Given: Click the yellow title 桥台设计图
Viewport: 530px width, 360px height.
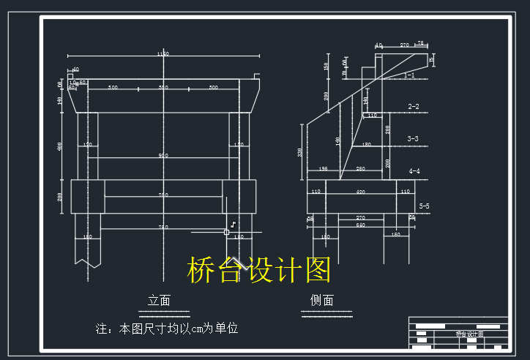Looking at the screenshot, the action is coord(259,270).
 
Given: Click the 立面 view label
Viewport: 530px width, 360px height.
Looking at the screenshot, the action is coord(159,300).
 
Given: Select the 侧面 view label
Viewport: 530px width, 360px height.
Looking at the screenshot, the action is coord(321,300).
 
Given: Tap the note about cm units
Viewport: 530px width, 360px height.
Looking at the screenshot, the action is coord(167,329).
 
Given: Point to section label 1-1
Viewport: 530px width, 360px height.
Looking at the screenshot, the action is coord(409,75).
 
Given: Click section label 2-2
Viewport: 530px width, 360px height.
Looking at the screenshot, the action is coord(414,107).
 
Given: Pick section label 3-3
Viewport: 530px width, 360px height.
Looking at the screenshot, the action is coord(414,138).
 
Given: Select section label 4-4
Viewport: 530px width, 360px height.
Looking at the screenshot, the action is coord(414,171).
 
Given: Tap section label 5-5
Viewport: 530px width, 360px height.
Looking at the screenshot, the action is coord(424,207).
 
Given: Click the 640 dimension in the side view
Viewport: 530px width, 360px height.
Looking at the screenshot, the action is coord(360,225).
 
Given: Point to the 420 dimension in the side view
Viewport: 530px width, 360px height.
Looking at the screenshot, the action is coord(360,192).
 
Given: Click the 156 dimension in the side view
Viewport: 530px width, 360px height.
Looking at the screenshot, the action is coord(323,169).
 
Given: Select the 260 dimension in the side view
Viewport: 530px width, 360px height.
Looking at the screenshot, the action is coord(360,169).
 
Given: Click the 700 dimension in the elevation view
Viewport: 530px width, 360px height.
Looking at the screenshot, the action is coord(163,195).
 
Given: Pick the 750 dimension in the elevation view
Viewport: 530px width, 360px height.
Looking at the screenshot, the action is coord(163,228).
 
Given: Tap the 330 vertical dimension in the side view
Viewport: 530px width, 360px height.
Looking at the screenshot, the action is coord(299,151).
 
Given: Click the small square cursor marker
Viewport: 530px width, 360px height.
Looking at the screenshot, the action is coord(226,232).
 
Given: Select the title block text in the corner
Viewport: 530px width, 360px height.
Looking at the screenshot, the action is coord(470,334).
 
